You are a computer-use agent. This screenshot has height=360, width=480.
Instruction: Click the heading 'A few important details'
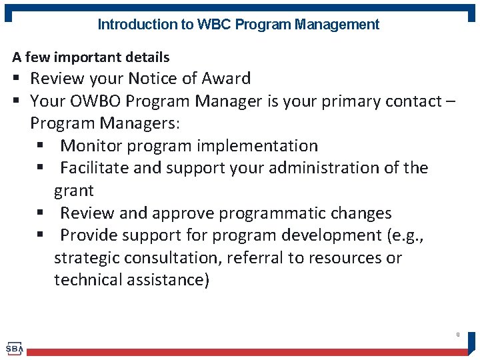click(91, 57)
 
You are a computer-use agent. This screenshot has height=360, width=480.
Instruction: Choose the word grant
click(74, 191)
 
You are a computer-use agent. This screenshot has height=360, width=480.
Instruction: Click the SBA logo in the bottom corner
click(15, 348)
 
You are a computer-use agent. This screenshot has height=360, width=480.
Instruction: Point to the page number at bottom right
click(457, 335)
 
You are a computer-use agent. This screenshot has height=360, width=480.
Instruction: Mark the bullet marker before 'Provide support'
click(41, 236)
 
